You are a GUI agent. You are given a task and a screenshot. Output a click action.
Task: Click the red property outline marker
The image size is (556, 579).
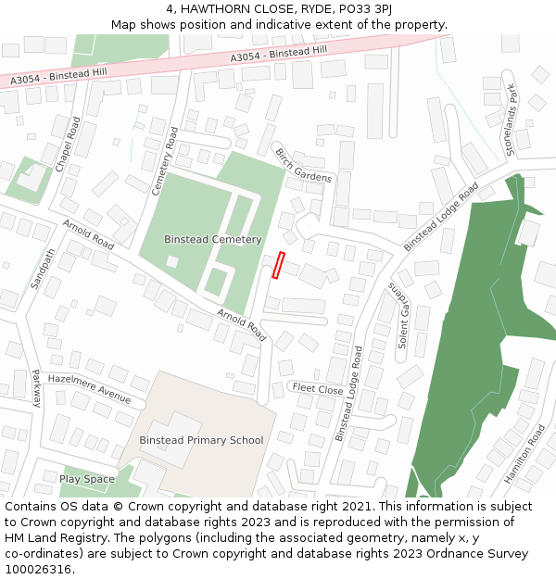[x=277, y=265]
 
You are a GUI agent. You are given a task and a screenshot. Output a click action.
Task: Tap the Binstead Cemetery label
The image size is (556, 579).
[x=213, y=239]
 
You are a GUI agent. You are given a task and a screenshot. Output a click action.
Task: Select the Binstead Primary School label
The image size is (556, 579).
[x=201, y=440]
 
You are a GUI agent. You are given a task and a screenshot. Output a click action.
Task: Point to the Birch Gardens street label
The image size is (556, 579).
[x=303, y=165]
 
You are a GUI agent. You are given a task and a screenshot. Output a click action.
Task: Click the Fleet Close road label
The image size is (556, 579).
[x=318, y=388]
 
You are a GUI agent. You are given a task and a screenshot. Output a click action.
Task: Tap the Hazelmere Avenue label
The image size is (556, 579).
[x=89, y=387]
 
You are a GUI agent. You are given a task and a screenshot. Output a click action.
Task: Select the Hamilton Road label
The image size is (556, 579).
[x=524, y=455]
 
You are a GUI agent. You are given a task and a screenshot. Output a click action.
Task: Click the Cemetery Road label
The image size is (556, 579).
[x=164, y=160]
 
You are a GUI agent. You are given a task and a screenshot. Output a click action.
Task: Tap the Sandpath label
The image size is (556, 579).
[x=44, y=269]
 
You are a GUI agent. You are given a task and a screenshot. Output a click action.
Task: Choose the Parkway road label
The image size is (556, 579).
[x=36, y=388]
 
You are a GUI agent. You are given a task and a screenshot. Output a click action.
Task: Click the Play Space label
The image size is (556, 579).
[x=87, y=479]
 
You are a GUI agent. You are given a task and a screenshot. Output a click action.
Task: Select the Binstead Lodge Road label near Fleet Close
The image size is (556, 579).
[x=347, y=393]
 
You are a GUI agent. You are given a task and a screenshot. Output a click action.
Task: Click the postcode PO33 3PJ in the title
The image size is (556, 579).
[x=363, y=8]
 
